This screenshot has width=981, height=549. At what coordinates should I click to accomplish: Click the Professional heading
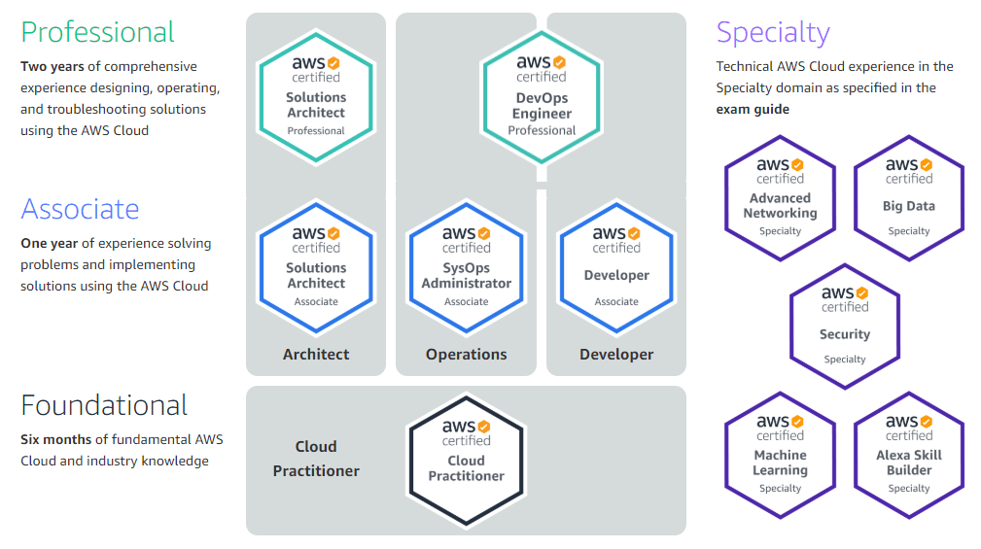[x=97, y=32]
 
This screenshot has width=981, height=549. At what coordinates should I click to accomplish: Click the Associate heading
[x=80, y=209]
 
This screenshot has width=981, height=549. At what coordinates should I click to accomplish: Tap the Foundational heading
[x=104, y=405]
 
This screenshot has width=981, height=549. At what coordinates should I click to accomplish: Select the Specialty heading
[x=773, y=33]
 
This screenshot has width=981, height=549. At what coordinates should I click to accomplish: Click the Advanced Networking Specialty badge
[x=780, y=198]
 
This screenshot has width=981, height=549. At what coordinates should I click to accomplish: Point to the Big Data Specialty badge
[x=909, y=198]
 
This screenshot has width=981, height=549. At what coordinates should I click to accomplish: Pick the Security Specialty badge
[x=845, y=326]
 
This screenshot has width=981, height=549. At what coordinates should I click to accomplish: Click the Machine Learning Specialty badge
[x=780, y=455]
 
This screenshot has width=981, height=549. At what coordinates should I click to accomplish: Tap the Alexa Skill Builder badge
[x=909, y=455]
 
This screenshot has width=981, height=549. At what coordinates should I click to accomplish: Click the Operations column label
[x=466, y=355]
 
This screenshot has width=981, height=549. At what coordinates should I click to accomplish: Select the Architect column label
[x=316, y=355]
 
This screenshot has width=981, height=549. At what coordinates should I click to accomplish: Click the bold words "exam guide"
[x=753, y=109]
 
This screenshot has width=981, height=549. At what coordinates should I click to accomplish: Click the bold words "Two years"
[x=53, y=66]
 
